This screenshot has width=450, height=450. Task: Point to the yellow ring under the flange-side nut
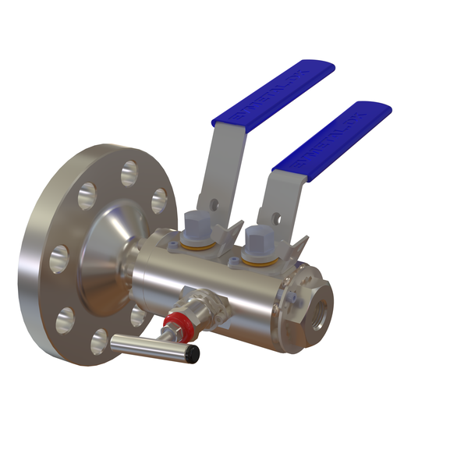click(202, 245)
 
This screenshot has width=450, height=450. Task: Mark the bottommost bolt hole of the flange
click(99, 342)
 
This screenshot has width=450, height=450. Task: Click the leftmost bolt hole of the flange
click(59, 258)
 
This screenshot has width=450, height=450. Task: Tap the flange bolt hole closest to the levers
click(158, 200)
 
